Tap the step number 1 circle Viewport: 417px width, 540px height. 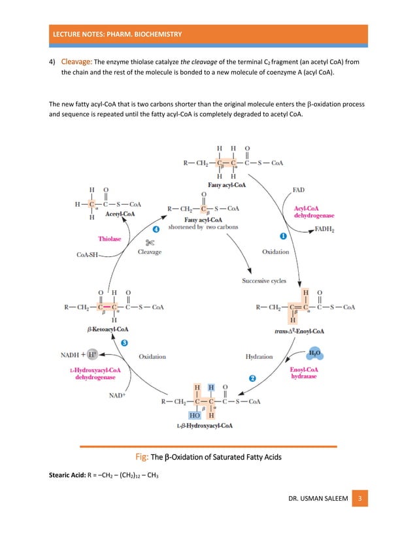click(x=284, y=235)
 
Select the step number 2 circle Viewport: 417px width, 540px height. click(x=252, y=378)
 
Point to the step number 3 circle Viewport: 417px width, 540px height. click(x=124, y=343)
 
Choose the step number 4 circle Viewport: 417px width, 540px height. click(x=156, y=230)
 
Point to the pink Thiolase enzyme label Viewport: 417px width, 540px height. click(x=110, y=239)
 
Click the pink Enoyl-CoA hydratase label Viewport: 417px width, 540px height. click(x=305, y=373)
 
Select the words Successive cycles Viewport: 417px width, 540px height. click(x=264, y=281)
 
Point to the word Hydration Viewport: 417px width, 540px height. click(x=259, y=356)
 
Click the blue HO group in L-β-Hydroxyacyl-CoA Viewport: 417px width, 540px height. click(x=195, y=414)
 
